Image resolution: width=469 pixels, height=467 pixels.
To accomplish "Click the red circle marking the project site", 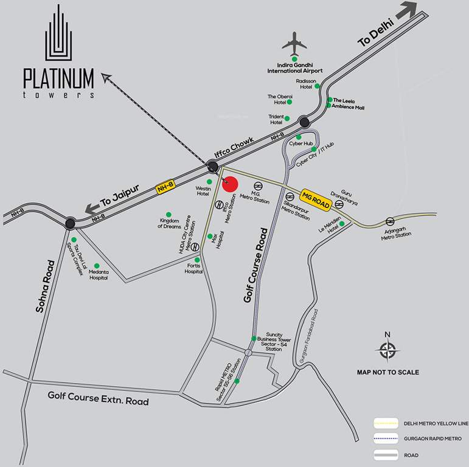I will pos(229,183).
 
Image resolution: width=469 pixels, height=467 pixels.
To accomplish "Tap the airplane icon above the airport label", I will pos(294,44).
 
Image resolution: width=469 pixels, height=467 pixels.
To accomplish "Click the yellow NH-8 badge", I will pos(165,189).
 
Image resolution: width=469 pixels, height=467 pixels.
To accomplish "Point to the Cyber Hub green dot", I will pos(299,137).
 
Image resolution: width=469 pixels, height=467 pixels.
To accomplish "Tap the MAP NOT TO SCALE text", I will pos(387,372).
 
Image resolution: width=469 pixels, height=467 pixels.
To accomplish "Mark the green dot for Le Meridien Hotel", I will pos(342,223).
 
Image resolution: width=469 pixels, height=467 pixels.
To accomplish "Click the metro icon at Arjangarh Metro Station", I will pos(390,220).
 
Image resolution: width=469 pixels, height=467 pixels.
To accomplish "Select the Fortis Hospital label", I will pos(194,268).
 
